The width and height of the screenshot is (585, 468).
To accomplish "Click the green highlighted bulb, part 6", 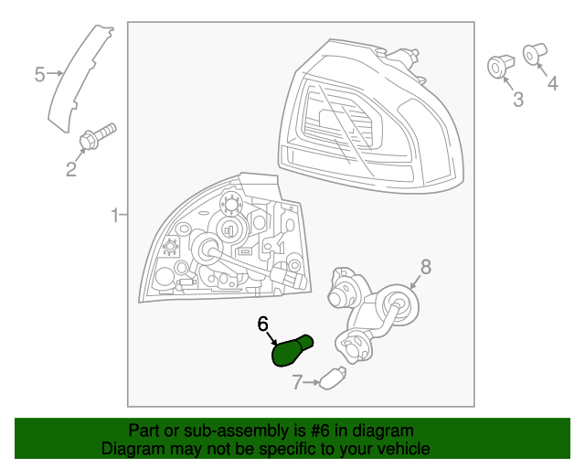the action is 292,350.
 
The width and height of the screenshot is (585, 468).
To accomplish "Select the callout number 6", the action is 262,324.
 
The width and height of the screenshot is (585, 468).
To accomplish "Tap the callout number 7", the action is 297,382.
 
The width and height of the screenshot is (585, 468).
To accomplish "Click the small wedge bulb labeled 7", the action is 333,378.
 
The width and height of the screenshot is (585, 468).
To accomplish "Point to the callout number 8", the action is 426,267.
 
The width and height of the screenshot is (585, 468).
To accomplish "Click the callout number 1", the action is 116,216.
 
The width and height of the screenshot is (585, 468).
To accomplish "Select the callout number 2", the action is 71,169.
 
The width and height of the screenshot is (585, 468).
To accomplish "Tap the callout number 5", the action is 39,74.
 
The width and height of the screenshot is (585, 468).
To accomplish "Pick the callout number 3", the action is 518,100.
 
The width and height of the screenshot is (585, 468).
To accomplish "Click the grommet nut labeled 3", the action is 501,67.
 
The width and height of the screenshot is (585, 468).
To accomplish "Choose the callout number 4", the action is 552,83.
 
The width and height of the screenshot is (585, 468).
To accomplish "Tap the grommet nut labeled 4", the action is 535,55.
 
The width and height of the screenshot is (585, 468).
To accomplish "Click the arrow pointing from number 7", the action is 311,383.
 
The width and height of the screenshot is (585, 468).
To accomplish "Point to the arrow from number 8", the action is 415,282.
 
